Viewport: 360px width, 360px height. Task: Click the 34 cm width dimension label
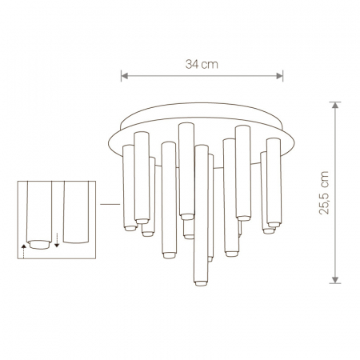coord(202,64)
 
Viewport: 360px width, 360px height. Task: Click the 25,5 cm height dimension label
coord(324,193)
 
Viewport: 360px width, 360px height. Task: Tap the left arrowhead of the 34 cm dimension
coord(124,76)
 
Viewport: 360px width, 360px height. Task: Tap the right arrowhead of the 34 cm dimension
coord(279,76)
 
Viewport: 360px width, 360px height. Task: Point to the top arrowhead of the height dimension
coord(335,105)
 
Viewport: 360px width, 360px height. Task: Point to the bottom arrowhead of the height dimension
coord(335,280)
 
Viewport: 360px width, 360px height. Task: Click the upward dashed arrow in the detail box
coord(24,251)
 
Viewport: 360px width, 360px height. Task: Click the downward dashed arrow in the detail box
coord(57,240)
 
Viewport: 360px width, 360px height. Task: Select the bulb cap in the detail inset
coord(40,244)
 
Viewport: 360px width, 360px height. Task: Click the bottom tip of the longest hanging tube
coord(201,284)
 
